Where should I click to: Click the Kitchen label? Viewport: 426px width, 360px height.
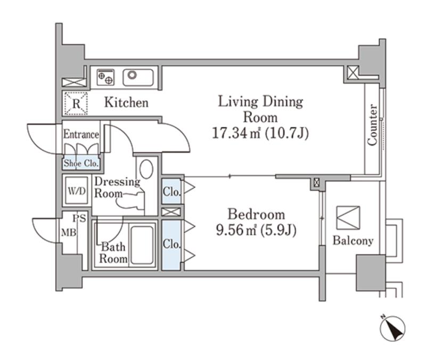[x=126, y=102]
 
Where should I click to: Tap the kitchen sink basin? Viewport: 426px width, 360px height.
[x=138, y=77]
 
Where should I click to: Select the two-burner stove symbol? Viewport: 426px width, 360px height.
[x=105, y=77]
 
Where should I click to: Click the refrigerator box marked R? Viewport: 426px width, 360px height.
[x=76, y=103]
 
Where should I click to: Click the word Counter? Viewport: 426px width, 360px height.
[x=372, y=125]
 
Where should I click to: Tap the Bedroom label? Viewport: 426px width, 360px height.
[x=256, y=215]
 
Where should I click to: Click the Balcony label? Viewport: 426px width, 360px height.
[x=353, y=241]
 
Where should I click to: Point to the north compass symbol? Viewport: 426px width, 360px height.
[x=392, y=328]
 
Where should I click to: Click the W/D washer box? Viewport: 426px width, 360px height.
[x=77, y=191]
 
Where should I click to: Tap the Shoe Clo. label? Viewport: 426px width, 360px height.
[x=81, y=163]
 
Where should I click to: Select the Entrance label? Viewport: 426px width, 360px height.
[x=81, y=134]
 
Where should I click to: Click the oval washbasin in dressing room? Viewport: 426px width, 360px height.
[x=146, y=169]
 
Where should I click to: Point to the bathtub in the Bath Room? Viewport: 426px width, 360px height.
[x=142, y=245]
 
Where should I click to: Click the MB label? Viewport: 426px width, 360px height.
[x=69, y=233]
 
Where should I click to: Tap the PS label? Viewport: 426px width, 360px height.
[x=79, y=218]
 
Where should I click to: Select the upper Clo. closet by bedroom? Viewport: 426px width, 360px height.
[x=171, y=191]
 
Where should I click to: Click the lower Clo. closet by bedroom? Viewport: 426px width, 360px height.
[x=171, y=245]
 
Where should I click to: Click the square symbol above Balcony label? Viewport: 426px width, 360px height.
[x=348, y=218]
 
